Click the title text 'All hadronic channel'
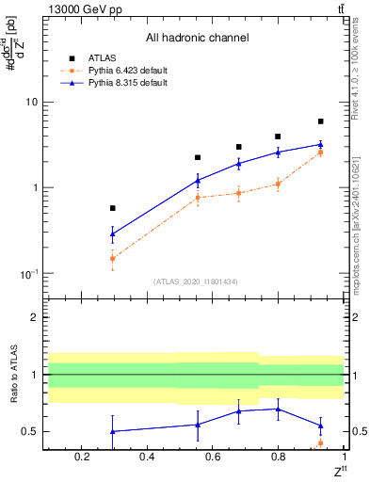(x=197, y=38)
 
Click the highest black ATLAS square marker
(x=320, y=121)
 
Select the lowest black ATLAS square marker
(x=113, y=208)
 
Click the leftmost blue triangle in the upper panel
(x=113, y=233)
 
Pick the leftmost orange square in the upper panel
(x=113, y=258)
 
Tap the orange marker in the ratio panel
(x=320, y=442)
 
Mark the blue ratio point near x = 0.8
(x=278, y=409)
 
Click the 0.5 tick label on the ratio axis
(x=29, y=431)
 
